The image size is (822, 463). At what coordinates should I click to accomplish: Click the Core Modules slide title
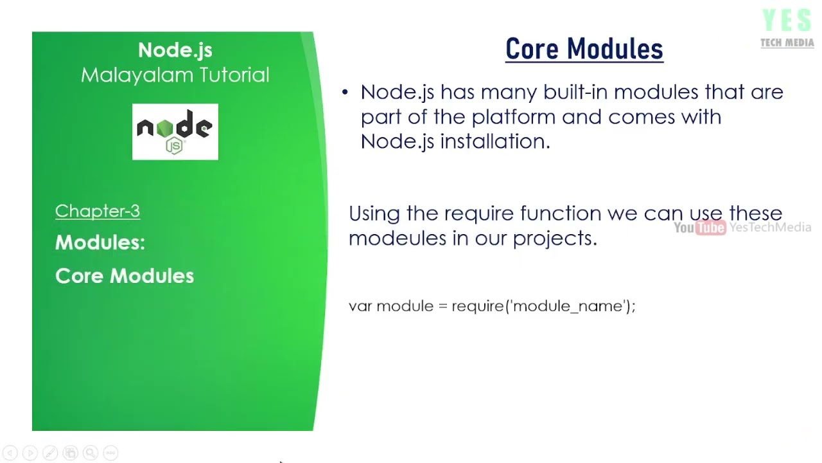584,50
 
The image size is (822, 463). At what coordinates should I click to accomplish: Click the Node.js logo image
175,132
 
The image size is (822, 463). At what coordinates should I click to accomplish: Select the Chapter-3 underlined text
98,211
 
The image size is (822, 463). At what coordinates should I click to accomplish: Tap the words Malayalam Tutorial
175,75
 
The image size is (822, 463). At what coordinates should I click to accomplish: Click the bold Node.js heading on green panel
175,50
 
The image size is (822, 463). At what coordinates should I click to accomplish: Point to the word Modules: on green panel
100,242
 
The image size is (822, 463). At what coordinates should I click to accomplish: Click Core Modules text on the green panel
125,276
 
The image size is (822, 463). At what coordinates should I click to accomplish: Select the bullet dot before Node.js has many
345,93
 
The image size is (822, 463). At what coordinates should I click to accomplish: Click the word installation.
494,141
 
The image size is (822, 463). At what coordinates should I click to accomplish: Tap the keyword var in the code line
360,306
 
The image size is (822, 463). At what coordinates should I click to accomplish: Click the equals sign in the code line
442,307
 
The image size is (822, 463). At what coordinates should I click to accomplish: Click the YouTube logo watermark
699,228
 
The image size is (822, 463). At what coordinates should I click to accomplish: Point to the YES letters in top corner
787,21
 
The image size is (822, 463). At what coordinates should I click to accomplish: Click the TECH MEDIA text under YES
787,43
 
